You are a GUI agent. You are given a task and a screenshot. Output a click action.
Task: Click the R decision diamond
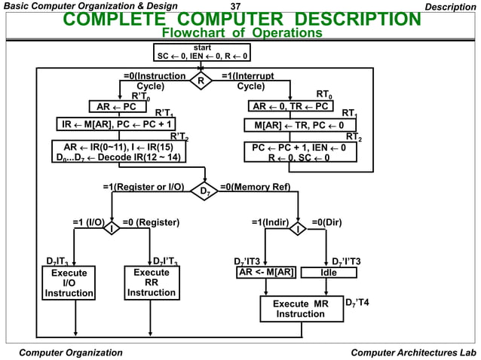click(x=201, y=80)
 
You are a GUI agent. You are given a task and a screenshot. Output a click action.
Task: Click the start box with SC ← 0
click(x=202, y=52)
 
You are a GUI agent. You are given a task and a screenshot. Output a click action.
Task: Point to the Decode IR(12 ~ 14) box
click(x=118, y=151)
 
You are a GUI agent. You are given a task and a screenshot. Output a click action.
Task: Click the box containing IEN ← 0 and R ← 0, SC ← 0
click(x=299, y=153)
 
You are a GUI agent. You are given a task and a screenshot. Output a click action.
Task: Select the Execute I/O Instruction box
click(x=69, y=282)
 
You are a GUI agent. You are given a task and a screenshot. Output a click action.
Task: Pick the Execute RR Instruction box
click(x=151, y=282)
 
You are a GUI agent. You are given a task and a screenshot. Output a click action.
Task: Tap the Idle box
click(x=329, y=273)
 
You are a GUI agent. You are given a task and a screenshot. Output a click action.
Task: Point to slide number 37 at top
click(x=234, y=6)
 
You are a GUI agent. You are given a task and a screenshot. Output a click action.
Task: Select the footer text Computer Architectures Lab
click(x=413, y=352)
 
